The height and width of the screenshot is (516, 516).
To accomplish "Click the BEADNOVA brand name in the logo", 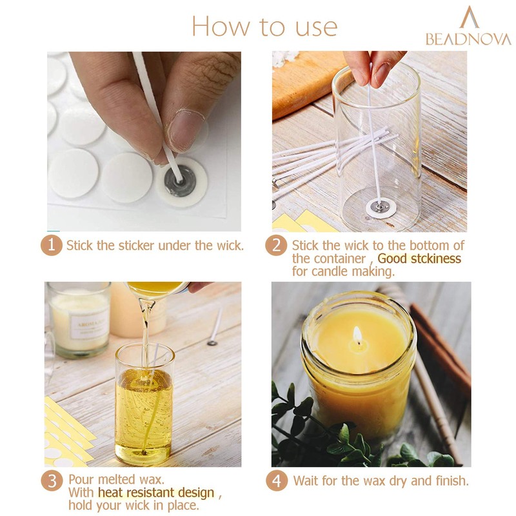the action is click(468, 39).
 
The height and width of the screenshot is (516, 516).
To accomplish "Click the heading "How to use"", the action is click(264, 26).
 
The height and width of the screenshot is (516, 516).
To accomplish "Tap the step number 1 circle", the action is click(52, 245).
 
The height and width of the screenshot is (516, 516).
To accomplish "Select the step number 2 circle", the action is click(276, 245).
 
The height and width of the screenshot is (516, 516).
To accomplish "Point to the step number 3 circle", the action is click(52, 481).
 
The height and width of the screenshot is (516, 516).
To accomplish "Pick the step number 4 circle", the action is click(277, 481).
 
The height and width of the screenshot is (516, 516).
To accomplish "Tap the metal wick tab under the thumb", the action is click(180, 181).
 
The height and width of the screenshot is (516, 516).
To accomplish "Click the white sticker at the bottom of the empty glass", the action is click(381, 208).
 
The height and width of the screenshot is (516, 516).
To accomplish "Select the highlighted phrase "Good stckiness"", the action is click(419, 259).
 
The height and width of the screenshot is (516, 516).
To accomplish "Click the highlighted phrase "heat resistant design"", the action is click(156, 493).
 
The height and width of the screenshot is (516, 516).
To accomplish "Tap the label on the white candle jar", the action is click(89, 324).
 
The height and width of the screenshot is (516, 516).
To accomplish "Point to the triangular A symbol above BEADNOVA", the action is click(470, 17).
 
